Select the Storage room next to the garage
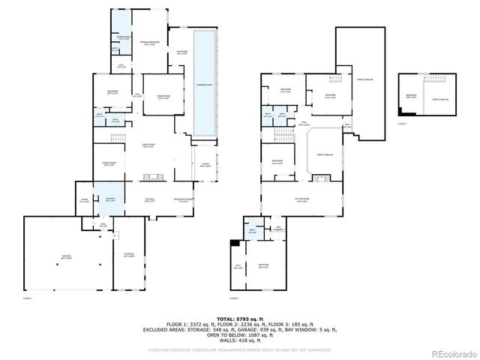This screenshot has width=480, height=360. point(128,256)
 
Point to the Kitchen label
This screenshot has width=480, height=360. point(150,199)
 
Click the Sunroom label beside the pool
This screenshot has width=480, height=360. point(181,52)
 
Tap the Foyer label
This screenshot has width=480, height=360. point(205,165)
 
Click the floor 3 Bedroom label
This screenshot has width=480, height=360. point(411,96)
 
